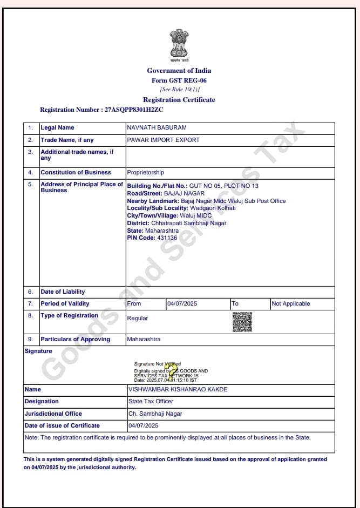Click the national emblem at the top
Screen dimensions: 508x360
pyautogui.click(x=179, y=45)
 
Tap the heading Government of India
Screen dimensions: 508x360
pyautogui.click(x=179, y=71)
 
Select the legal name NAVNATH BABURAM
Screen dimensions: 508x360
pyautogui.click(x=157, y=128)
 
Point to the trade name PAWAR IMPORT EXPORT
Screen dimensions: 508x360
pyautogui.click(x=163, y=140)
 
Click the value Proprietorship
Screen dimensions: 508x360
pyautogui.click(x=145, y=173)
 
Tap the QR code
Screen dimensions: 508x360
pyautogui.click(x=242, y=322)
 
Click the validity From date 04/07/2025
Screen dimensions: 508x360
pyautogui.click(x=182, y=304)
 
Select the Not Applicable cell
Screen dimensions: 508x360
pyautogui.click(x=290, y=304)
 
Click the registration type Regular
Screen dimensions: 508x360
pyautogui.click(x=137, y=319)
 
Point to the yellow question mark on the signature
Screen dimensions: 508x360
pyautogui.click(x=173, y=371)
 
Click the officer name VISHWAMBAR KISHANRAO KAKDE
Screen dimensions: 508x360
pyautogui.click(x=178, y=389)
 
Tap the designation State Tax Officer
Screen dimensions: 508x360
pyautogui.click(x=151, y=402)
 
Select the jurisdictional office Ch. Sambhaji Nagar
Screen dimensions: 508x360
pyautogui.click(x=155, y=414)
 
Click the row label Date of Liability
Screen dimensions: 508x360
pyautogui.click(x=63, y=292)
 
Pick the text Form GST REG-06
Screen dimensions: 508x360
pyautogui.click(x=179, y=80)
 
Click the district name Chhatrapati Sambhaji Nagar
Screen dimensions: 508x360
pyautogui.click(x=188, y=223)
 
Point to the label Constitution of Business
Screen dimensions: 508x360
pyautogui.click(x=76, y=173)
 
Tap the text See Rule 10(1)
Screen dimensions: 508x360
pyautogui.click(x=180, y=90)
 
